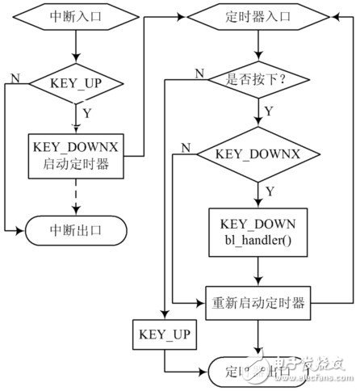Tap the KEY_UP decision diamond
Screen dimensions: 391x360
74,83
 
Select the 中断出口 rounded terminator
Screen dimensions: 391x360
74,231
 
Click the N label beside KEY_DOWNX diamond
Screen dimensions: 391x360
186,149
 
